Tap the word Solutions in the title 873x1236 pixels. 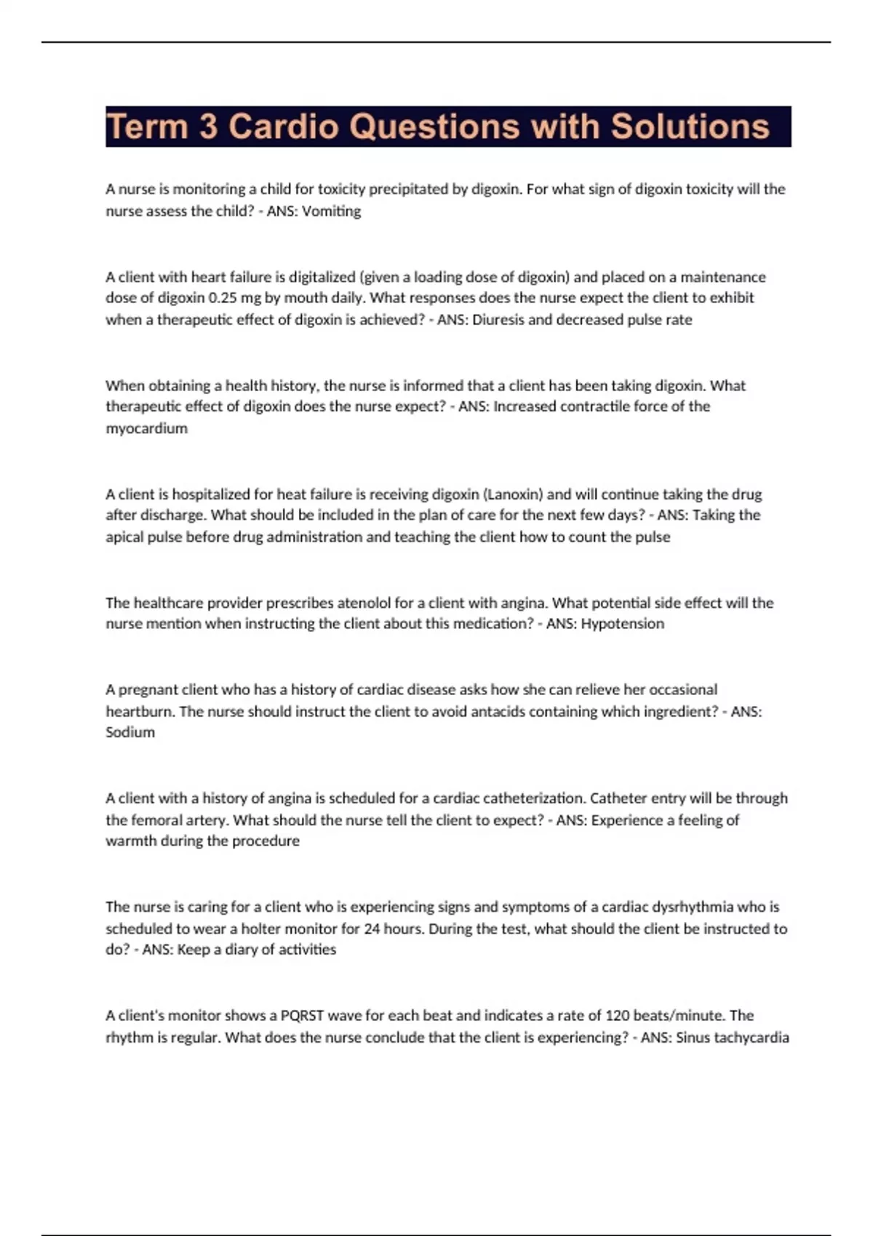click(690, 127)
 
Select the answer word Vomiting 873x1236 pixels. click(331, 211)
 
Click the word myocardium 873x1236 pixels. click(146, 428)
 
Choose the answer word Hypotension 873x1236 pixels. click(622, 623)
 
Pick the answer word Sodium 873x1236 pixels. click(130, 732)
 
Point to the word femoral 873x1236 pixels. click(156, 820)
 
